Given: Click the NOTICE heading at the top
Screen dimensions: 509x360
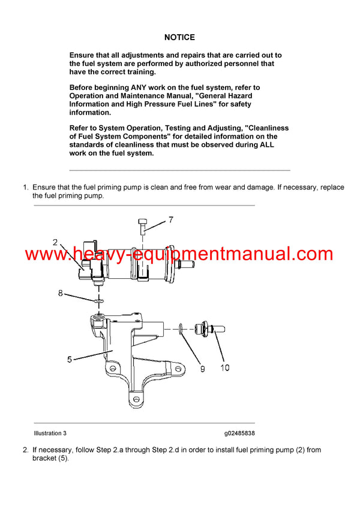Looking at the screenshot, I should tap(179, 37).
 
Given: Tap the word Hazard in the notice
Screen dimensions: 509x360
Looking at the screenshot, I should tap(237, 96).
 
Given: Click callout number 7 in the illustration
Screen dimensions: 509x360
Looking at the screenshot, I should tap(170, 220).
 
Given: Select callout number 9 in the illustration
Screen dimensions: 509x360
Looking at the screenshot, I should tap(202, 369).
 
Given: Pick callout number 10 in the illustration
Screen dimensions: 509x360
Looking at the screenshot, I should tap(224, 368).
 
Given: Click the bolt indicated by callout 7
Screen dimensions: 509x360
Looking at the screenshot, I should tap(142, 227).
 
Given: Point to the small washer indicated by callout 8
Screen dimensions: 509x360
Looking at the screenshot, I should tap(96, 300).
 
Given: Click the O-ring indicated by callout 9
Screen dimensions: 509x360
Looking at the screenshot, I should tap(181, 327).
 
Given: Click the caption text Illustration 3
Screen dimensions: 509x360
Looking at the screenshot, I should tap(50, 433).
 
